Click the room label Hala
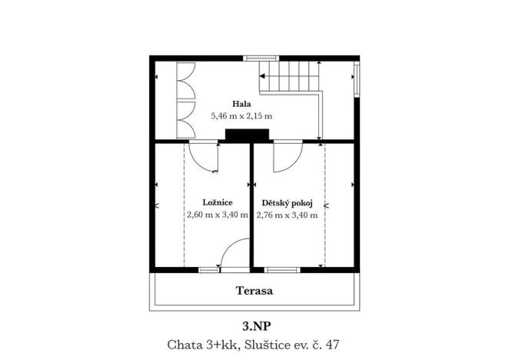click(241, 105)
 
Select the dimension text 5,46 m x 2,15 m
click(241, 116)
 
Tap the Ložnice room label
click(218, 202)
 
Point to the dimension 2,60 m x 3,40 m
click(218, 215)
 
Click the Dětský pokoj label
click(288, 203)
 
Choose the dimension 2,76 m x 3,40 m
click(288, 215)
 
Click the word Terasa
click(254, 291)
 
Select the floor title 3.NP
click(256, 326)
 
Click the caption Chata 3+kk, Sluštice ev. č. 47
click(253, 345)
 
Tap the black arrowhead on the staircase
click(262, 76)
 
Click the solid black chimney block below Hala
click(248, 135)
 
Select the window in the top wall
click(261, 58)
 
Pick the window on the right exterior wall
click(357, 79)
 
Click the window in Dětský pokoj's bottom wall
click(282, 270)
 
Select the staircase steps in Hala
click(288, 78)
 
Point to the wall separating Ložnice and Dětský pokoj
click(251, 205)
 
